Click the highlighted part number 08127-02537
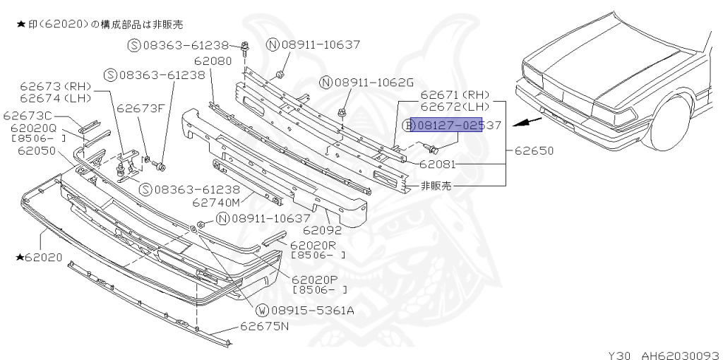[x=452, y=126]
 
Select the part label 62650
[x=534, y=150]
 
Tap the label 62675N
[x=265, y=326]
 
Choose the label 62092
[x=322, y=230]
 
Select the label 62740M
[x=216, y=203]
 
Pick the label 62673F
[x=141, y=109]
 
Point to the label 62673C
[x=28, y=116]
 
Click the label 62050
[x=37, y=150]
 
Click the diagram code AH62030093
[x=679, y=354]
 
